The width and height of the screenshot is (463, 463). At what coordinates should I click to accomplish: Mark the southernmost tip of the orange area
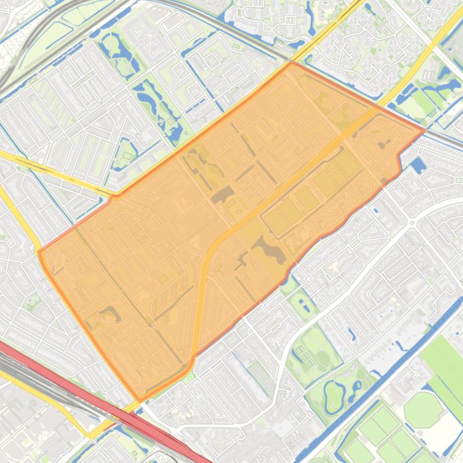pyautogui.click(x=140, y=402)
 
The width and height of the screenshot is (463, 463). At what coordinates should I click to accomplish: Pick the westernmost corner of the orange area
pyautogui.click(x=38, y=251)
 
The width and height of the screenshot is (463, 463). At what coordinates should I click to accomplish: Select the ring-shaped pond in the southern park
pyautogui.click(x=333, y=394)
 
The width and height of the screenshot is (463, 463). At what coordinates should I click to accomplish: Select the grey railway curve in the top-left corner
pyautogui.click(x=24, y=42)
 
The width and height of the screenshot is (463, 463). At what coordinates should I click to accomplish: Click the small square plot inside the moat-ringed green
pyautogui.click(x=126, y=156)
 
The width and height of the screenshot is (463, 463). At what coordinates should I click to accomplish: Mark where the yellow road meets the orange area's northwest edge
pyautogui.click(x=114, y=195)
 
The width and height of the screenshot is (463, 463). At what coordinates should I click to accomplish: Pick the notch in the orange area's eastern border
pyautogui.click(x=398, y=158)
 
